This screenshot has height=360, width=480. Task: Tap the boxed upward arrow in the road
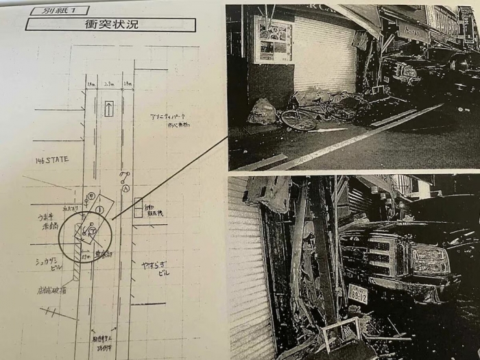(x=108, y=108)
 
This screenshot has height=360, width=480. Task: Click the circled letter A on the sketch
(x=125, y=189)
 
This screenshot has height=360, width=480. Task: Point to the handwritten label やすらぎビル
(x=156, y=267)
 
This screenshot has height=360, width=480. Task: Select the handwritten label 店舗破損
(x=52, y=291)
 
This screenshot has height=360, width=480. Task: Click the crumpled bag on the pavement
(x=263, y=112)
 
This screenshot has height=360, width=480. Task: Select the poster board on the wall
(x=273, y=40)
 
